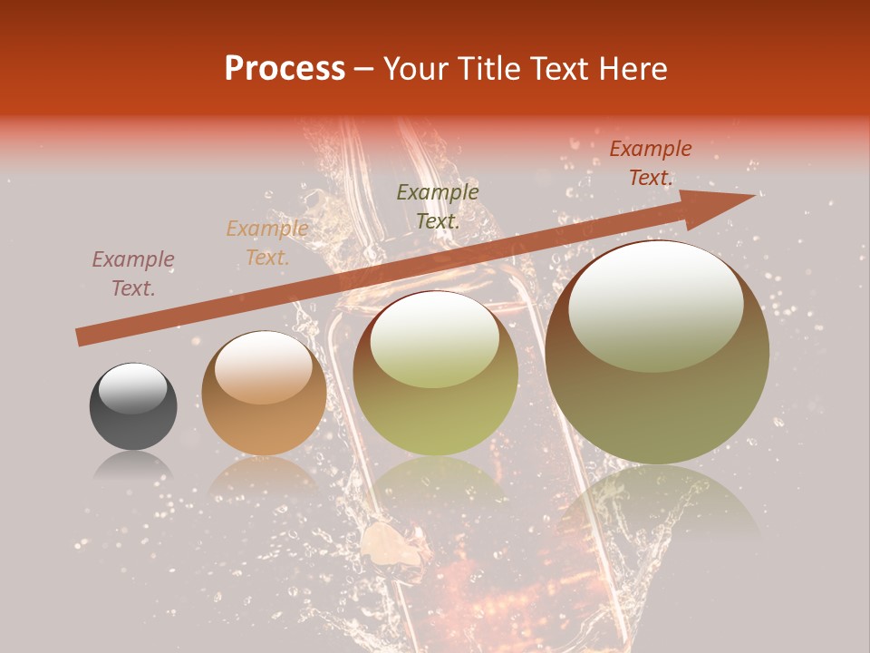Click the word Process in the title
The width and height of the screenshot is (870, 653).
285,69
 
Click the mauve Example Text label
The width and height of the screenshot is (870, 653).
133,274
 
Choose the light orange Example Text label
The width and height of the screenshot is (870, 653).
267,242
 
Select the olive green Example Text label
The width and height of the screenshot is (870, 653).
438,206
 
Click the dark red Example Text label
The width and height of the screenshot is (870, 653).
651,163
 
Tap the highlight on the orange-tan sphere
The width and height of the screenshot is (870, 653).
264,366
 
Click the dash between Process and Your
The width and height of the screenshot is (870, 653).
363,70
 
